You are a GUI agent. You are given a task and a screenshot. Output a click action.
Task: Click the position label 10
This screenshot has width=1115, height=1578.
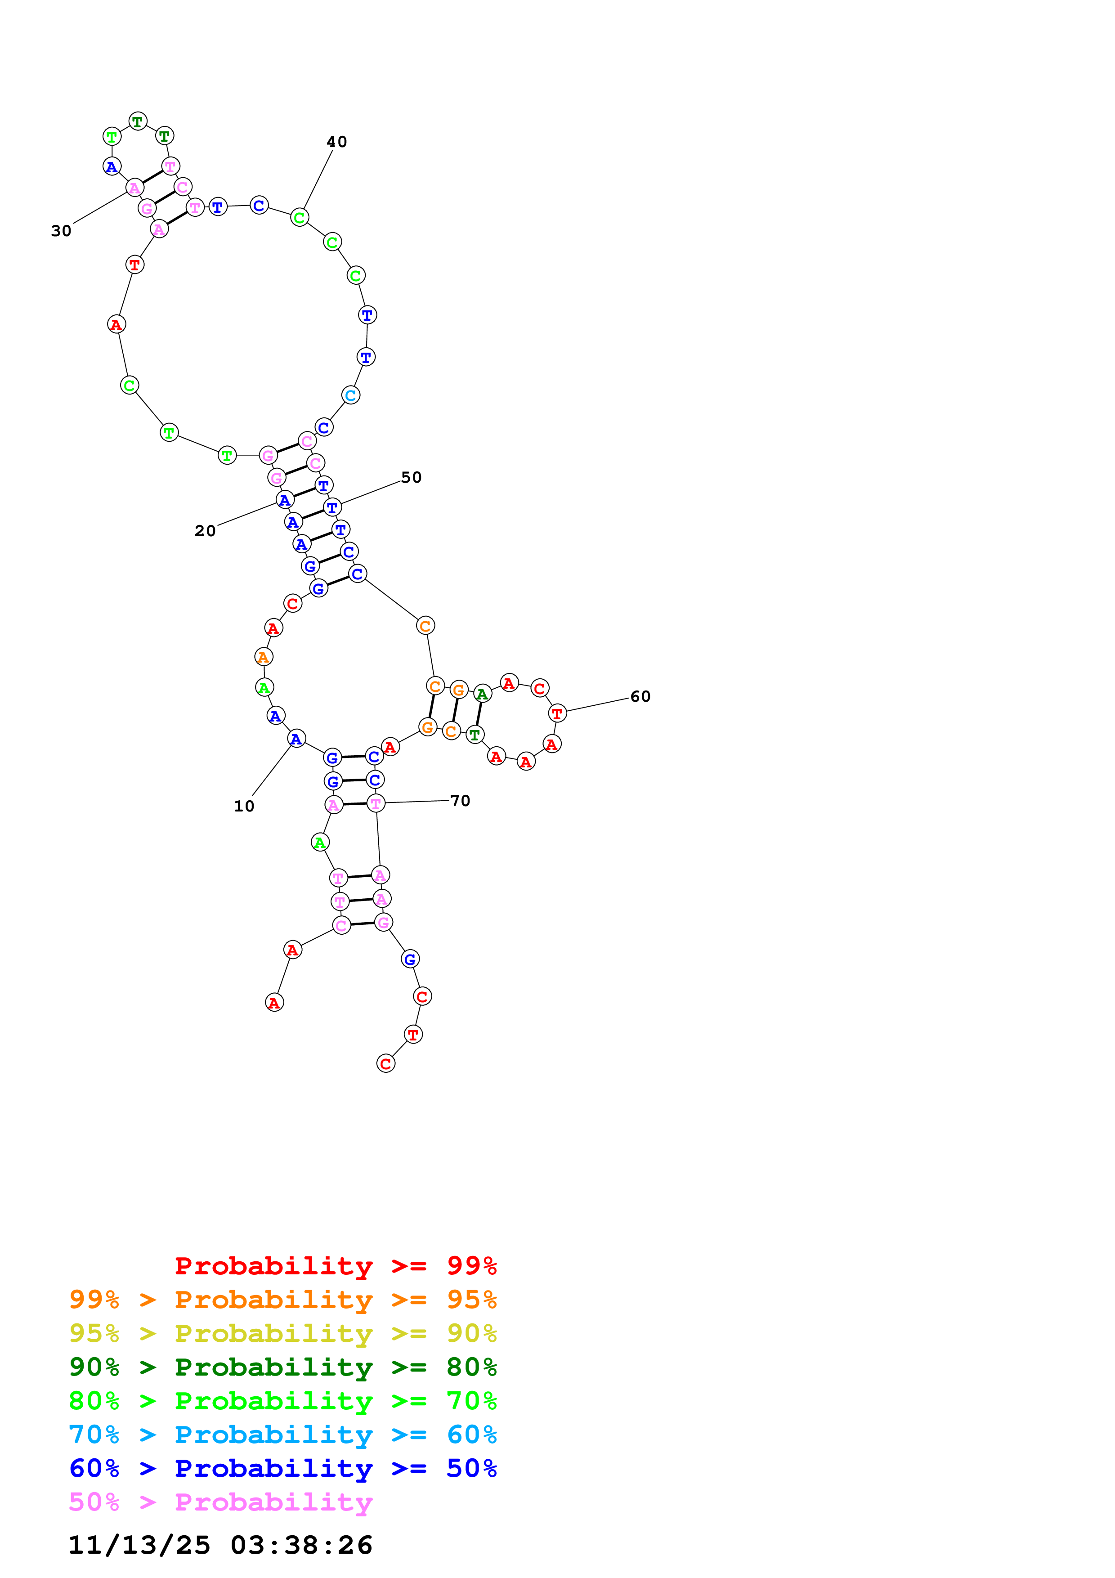[244, 806]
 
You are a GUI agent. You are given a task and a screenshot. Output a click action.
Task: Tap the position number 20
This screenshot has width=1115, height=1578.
[205, 531]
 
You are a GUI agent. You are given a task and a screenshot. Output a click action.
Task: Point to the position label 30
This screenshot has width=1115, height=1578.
[61, 231]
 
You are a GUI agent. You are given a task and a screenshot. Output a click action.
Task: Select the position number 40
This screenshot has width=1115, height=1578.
[336, 142]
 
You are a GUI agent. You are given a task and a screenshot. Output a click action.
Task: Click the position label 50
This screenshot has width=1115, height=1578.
[411, 477]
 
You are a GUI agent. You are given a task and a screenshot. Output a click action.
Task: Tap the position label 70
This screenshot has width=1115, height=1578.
[460, 801]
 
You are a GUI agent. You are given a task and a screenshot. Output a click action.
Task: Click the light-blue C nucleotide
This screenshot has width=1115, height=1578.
[350, 395]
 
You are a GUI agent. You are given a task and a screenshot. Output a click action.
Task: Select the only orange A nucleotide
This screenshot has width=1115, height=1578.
[263, 657]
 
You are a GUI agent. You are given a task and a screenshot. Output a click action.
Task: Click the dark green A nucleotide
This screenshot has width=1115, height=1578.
[482, 694]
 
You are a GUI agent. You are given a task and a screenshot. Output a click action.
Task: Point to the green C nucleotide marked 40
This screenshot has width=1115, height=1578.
[300, 218]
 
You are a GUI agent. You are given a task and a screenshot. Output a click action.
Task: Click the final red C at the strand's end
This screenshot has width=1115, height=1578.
[386, 1064]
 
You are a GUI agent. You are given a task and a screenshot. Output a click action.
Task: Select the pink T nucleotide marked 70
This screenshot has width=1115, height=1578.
[376, 803]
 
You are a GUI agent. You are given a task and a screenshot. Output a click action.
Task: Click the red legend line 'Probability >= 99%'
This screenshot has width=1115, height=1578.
[335, 1265]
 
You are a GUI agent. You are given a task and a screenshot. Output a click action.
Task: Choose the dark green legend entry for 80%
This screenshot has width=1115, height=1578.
[282, 1367]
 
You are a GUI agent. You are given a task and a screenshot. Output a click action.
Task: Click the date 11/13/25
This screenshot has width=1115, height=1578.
[139, 1545]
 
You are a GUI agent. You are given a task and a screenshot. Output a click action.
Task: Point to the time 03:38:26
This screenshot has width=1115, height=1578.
[301, 1545]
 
